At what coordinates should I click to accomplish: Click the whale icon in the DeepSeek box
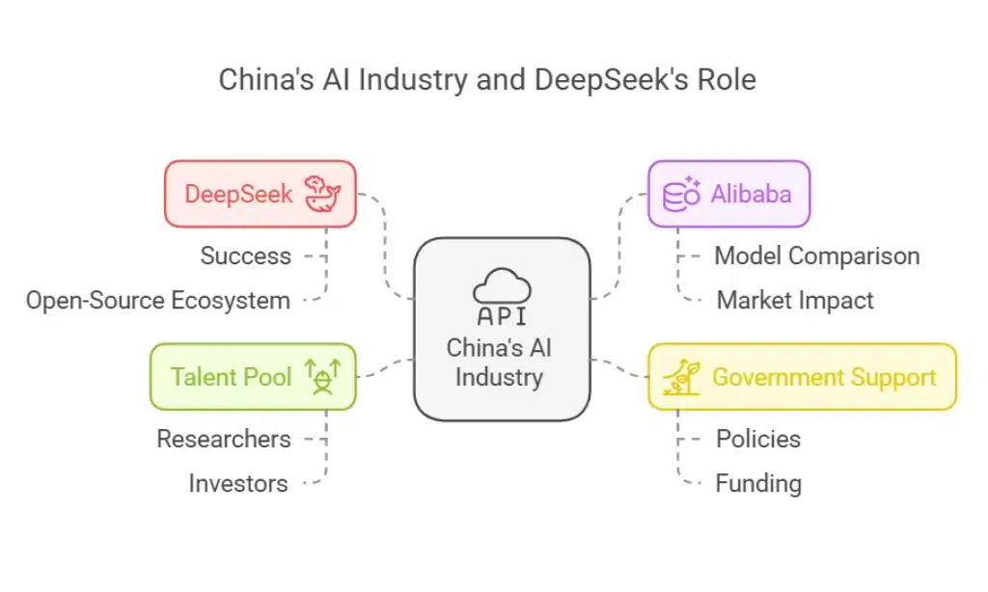[x=322, y=194]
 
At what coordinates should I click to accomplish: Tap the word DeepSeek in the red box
[x=238, y=194]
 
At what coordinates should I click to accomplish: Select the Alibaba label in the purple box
[x=751, y=194]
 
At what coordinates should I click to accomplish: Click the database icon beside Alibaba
[x=681, y=194]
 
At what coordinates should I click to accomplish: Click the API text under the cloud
[x=501, y=316]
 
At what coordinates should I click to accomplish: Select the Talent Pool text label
[x=231, y=376]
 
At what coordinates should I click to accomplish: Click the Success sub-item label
[x=245, y=256]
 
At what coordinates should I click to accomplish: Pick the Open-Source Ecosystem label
[x=158, y=300]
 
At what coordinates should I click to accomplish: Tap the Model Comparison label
[x=816, y=256]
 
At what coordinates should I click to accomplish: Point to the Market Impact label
[x=795, y=300]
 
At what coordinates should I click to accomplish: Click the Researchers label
[x=223, y=439]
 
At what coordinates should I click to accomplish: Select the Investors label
[x=237, y=483]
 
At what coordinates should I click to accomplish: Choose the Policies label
[x=757, y=439]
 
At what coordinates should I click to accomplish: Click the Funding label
[x=757, y=483]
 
